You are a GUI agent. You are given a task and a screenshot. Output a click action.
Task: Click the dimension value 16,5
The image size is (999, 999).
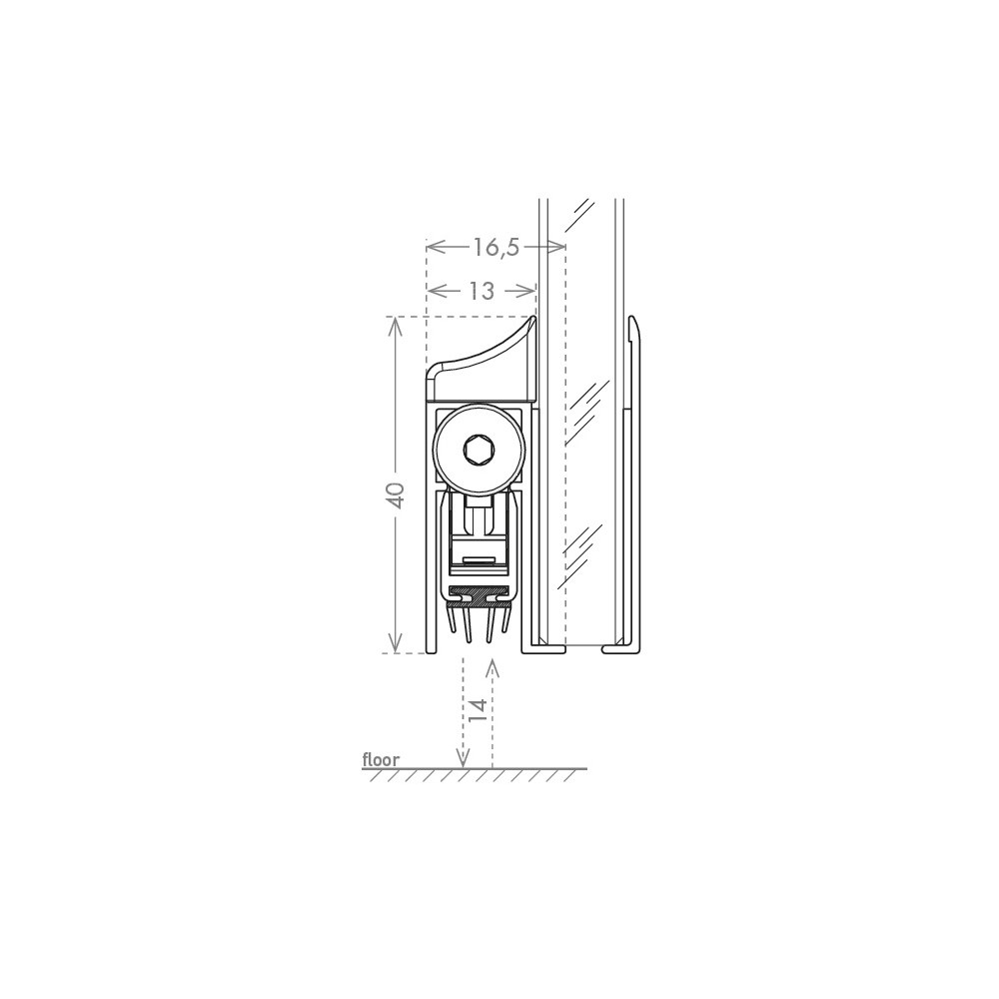tap(496, 247)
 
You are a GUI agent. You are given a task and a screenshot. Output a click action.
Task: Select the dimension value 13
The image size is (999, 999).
tap(482, 291)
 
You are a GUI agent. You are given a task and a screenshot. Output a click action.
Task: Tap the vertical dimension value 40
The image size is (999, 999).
tap(396, 496)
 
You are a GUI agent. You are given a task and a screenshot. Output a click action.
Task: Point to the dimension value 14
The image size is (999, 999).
tap(480, 709)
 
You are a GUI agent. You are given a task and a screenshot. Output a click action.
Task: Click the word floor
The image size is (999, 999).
tap(381, 759)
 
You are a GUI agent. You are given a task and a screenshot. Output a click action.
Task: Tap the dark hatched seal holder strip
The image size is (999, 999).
tap(481, 595)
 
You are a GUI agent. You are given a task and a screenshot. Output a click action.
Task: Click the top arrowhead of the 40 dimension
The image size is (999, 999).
tap(396, 328)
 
